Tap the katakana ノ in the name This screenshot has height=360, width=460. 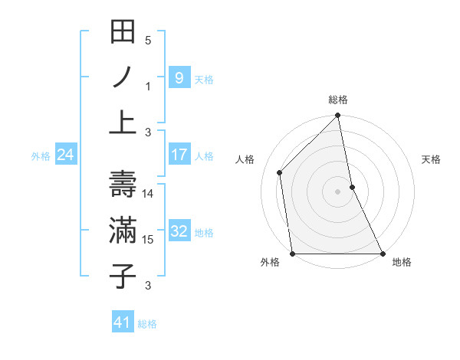point(123,78)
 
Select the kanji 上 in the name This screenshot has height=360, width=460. point(123,122)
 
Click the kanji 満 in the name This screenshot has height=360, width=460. point(123,231)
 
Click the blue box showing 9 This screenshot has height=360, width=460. point(179,77)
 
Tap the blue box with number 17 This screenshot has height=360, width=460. point(179,155)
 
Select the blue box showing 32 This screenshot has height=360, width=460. point(179,231)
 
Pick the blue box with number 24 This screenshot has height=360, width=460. point(66,155)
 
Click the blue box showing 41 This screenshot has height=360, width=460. point(123,322)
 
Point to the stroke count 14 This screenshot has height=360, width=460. point(148,194)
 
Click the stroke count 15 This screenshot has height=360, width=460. point(148,240)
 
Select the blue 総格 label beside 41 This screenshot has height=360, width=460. point(147,324)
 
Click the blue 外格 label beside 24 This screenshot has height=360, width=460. point(41,156)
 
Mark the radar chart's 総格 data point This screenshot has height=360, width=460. point(337,116)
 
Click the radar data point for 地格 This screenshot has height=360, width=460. point(383,253)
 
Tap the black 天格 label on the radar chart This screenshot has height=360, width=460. point(432,159)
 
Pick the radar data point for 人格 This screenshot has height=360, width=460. point(280,172)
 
